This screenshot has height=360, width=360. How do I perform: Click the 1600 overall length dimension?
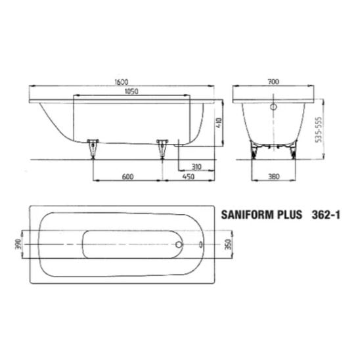point(122,81)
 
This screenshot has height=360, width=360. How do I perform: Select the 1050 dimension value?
point(131,91)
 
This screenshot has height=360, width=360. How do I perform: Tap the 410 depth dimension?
point(219,123)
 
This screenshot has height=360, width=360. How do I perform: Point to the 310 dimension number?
point(196,166)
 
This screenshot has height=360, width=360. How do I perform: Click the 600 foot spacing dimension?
point(127,177)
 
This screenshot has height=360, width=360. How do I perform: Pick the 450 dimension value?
point(189,177)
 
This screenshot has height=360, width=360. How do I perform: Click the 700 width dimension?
point(273,81)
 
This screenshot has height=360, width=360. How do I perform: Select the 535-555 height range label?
point(319,129)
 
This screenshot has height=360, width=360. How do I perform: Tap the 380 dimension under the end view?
point(274,177)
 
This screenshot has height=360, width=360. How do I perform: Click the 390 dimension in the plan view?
point(18,244)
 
